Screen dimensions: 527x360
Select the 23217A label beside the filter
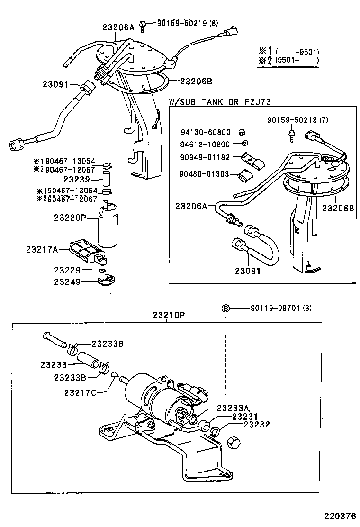tap(42, 249)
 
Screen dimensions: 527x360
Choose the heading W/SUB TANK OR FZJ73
tap(220, 102)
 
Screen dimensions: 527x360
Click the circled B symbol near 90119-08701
tap(226, 309)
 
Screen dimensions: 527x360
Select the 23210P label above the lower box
tap(169, 315)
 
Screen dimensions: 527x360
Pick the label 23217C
tap(80, 392)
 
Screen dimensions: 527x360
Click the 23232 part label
tap(256, 425)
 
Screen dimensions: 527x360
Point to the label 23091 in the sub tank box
tap(248, 272)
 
